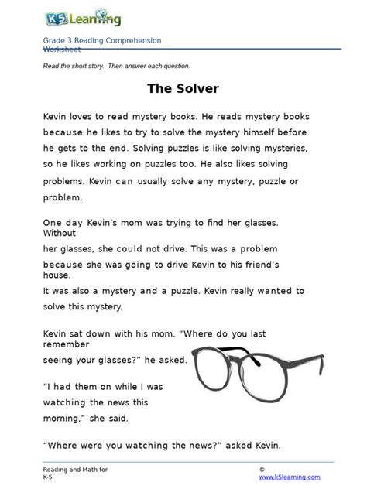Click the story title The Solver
tap(183, 89)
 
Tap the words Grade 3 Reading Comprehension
tap(102, 40)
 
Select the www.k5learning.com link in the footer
tap(290, 477)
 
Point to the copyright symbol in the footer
tap(262, 470)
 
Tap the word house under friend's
tap(57, 275)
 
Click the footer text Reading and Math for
tap(75, 470)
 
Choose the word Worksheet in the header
tap(62, 49)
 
